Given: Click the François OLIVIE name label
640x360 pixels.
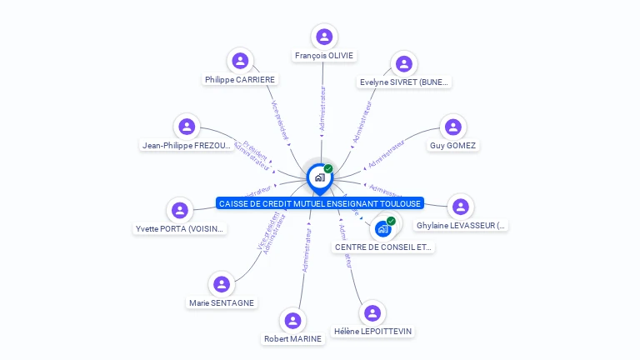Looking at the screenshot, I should tap(324, 56).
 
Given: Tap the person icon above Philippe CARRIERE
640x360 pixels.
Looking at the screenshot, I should tap(240, 61).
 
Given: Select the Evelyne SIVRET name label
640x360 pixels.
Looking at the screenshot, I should tap(404, 82).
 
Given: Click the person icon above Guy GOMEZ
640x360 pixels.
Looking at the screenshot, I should tap(452, 127).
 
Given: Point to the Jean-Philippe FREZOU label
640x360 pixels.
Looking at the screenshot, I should tap(187, 145).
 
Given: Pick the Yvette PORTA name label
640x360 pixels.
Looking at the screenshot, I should tap(180, 229).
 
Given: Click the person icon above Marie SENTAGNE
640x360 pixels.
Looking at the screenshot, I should tap(222, 284).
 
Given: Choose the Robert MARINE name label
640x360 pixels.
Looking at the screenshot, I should tap(292, 338).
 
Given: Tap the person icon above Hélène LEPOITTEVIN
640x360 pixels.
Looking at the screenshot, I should tap(372, 313).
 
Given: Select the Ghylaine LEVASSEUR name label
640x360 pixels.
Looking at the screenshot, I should tap(461, 226).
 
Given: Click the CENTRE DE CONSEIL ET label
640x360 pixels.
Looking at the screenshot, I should tap(383, 247).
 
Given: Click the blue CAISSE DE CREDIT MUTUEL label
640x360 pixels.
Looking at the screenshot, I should tap(320, 203).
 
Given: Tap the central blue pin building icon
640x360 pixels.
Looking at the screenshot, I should tap(319, 177).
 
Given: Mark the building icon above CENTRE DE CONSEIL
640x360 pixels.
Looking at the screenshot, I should tap(383, 227).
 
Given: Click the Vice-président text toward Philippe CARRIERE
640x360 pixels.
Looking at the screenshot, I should tap(281, 120).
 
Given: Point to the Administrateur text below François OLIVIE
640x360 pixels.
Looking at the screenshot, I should tap(323, 108).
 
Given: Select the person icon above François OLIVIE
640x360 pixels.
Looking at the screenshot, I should tap(324, 37).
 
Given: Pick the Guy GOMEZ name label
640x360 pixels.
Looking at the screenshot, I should tap(453, 146).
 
